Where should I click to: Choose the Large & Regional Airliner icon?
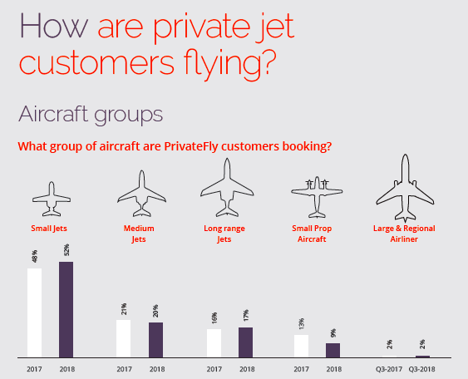click(405, 185)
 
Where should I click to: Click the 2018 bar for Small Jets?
click(66, 309)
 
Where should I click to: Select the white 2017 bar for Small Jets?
click(34, 313)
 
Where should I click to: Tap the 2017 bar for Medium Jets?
click(124, 338)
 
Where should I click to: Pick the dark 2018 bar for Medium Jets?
click(155, 340)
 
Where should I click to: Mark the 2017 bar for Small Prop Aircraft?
click(302, 346)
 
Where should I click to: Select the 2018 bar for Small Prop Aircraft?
click(333, 350)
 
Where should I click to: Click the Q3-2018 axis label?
click(423, 368)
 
